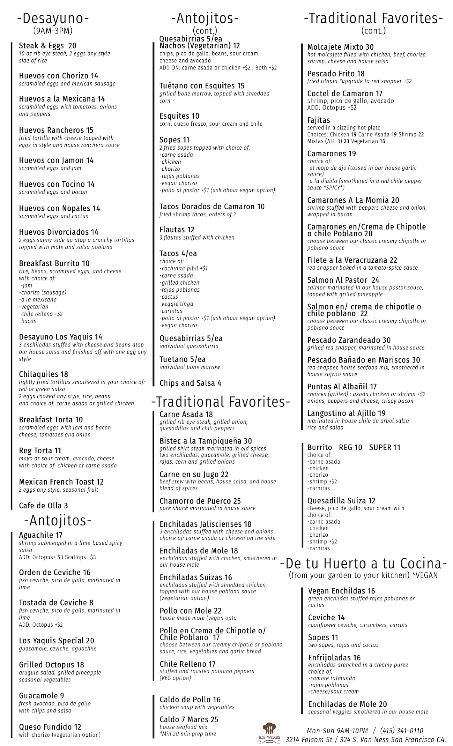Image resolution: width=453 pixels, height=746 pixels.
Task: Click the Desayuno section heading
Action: coord(53,18)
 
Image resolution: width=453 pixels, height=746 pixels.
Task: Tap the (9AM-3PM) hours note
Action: coord(53,31)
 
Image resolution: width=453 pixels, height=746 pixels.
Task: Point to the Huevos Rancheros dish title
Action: coord(56,130)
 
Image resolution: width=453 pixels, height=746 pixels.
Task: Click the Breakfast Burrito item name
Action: coord(54,263)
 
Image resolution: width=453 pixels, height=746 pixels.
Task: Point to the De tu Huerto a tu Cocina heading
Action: coord(363,563)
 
